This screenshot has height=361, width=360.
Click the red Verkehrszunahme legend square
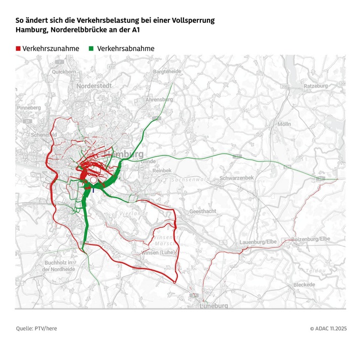(18, 49)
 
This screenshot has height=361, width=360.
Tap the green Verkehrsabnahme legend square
(91, 49)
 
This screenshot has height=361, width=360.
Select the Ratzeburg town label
(316, 86)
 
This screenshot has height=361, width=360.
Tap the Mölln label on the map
(284, 124)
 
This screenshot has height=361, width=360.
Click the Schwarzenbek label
(240, 179)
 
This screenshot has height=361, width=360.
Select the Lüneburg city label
(214, 306)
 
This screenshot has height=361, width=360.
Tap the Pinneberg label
(29, 108)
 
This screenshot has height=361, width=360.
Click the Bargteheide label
(167, 73)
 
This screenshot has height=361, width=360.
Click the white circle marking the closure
(93, 181)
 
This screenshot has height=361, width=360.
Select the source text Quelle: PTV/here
(37, 329)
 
